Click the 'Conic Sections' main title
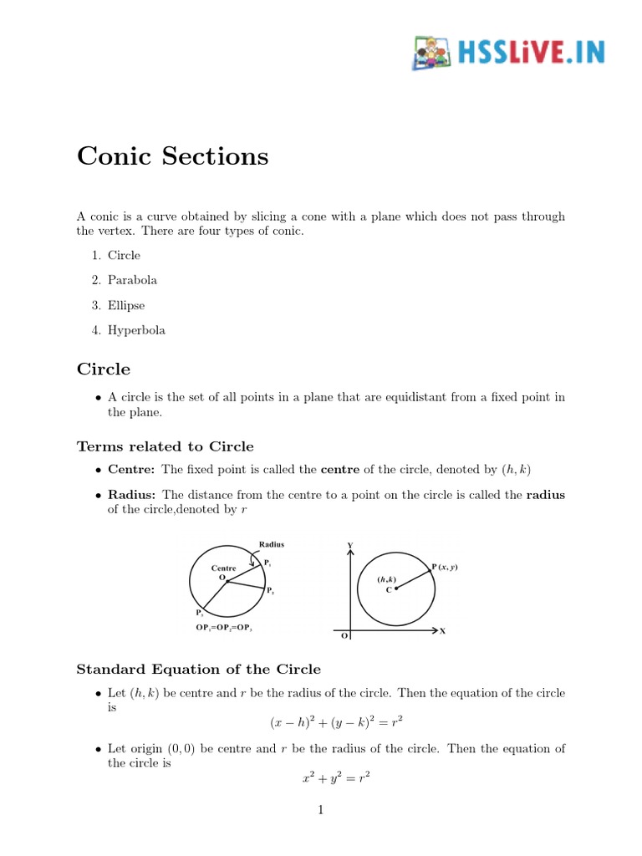[172, 156]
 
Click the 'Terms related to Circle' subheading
[165, 446]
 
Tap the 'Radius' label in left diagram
[272, 544]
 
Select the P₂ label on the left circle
[271, 591]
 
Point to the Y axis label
[349, 546]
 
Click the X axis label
[442, 631]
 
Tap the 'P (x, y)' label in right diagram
[445, 568]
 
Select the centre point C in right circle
[395, 588]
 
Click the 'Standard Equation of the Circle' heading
[198, 669]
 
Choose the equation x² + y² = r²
[336, 777]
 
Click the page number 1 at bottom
[321, 809]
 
